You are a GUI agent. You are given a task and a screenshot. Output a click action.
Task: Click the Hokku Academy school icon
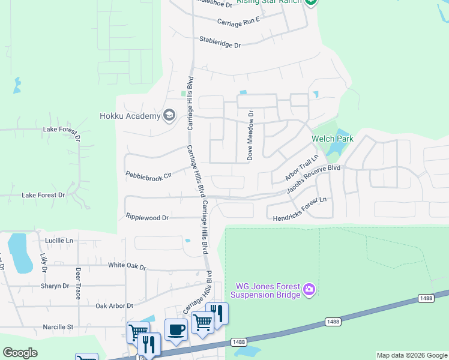coord(170,115)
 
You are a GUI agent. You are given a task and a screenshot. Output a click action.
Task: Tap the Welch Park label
coord(332,139)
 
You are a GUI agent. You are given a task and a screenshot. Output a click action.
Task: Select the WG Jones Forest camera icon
coord(309,290)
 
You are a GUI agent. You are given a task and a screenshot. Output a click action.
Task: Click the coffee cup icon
coord(176,330)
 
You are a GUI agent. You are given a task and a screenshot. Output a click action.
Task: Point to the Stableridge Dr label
coord(220,44)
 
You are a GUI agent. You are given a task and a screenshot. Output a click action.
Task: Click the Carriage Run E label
coord(238,21)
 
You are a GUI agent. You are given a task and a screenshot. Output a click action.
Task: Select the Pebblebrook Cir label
coord(148,175)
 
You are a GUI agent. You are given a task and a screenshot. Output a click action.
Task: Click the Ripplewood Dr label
coord(148,217)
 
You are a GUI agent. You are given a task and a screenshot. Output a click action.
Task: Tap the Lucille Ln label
coord(59,241)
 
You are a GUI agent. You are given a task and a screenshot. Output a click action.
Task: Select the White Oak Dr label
coord(127,265)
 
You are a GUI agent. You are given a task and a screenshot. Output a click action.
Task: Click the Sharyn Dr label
coord(56,286)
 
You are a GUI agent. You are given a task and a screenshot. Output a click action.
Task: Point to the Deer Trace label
coord(77,283)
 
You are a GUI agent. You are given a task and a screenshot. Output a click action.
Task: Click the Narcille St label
coord(58,327)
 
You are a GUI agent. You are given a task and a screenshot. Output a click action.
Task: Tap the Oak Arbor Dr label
coord(114,306)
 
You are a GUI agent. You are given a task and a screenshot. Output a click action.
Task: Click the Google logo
coord(20,353)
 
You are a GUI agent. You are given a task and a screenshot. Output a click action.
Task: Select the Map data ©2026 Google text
coord(411,355)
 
